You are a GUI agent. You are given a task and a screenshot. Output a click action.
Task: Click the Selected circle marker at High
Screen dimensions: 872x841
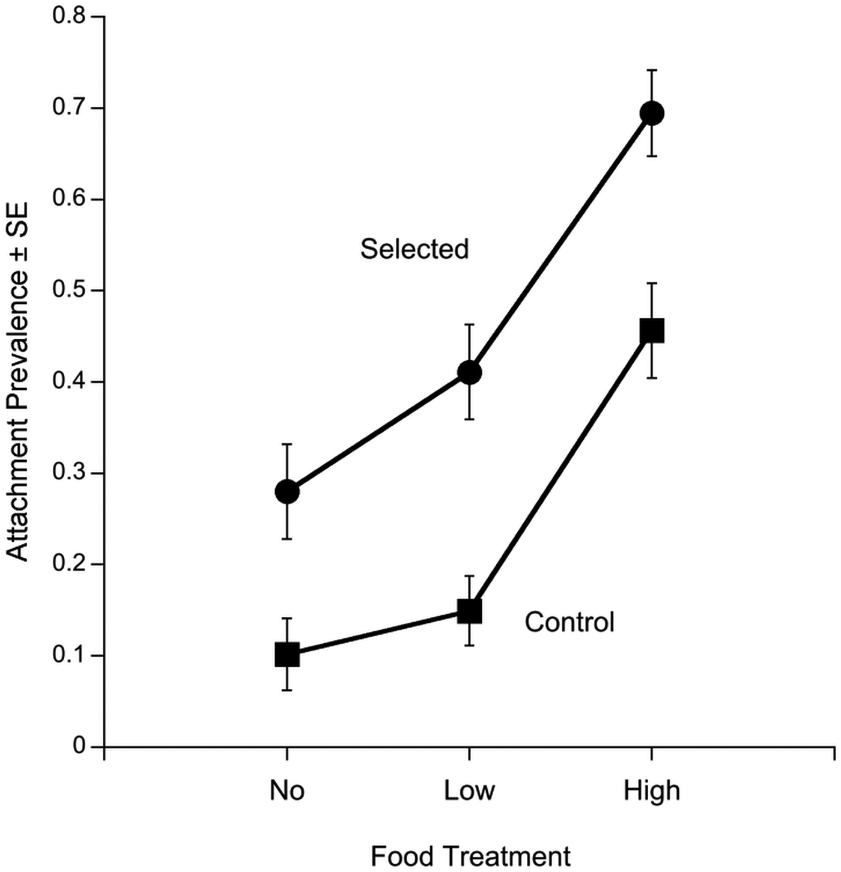tap(652, 113)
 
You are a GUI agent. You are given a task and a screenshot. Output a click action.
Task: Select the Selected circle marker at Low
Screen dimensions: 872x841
tap(469, 372)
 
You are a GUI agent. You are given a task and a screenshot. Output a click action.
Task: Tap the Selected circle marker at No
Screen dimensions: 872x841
tap(287, 492)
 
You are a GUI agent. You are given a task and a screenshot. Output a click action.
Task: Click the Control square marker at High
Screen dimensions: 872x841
tap(652, 330)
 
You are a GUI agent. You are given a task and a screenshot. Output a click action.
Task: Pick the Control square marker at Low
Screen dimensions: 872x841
tap(469, 611)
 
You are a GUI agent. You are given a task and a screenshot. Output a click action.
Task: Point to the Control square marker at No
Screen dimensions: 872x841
tap(287, 655)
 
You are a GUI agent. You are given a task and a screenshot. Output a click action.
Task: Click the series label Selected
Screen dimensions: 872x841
tap(414, 249)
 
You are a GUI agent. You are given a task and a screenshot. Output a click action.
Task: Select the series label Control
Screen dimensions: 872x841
tap(569, 622)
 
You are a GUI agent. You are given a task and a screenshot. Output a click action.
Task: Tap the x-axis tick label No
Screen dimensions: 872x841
tap(287, 790)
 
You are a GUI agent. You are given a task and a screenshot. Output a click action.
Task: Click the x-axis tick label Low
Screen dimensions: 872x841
tap(469, 790)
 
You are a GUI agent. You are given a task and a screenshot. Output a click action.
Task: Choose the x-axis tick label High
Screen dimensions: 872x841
tap(652, 790)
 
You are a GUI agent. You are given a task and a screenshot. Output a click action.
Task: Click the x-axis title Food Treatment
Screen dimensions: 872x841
tap(470, 856)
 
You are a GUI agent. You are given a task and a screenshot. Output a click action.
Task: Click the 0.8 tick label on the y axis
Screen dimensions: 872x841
tap(69, 17)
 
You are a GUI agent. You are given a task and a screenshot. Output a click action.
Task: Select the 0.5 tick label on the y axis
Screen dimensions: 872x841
tap(69, 291)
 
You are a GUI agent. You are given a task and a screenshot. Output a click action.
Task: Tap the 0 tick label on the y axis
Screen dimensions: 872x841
tap(79, 746)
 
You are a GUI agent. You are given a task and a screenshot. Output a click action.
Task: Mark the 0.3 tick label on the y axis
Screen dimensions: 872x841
tap(69, 473)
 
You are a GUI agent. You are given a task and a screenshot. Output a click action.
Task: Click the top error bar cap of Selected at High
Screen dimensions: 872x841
tap(652, 70)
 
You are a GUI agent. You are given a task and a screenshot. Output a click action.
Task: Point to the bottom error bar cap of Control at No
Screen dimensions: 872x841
tap(287, 690)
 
